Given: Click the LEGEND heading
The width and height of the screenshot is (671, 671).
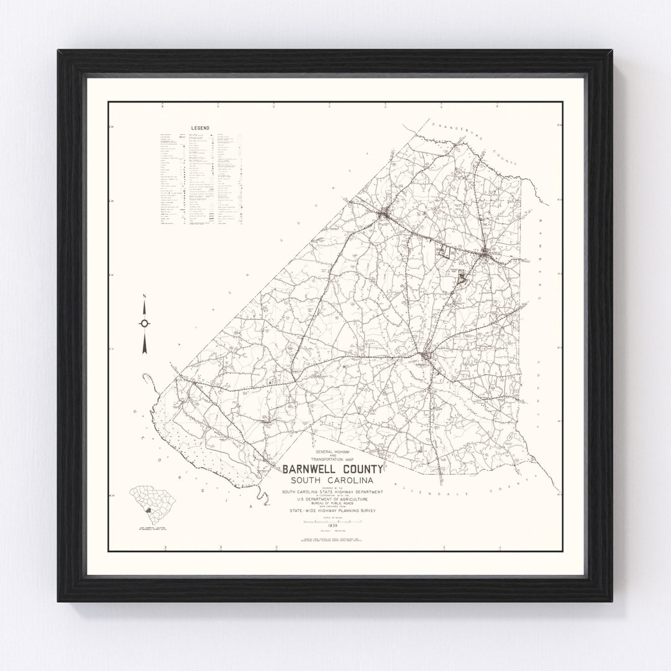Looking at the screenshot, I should (200, 129).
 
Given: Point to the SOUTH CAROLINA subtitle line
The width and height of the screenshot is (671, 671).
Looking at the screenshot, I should (334, 482).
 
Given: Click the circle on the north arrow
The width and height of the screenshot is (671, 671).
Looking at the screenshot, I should (145, 323).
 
